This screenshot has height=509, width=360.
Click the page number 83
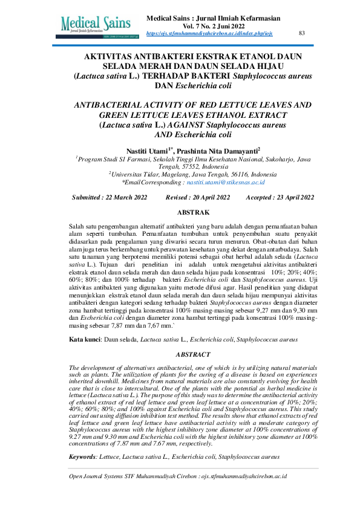[x=302, y=33]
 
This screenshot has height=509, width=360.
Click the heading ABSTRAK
[x=192, y=212]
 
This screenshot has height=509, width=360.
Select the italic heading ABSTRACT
[x=192, y=354]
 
